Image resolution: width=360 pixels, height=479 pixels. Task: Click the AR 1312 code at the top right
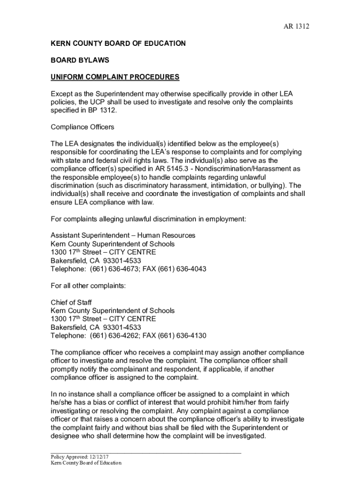click(x=297, y=26)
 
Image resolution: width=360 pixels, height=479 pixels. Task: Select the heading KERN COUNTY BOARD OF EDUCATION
click(x=118, y=44)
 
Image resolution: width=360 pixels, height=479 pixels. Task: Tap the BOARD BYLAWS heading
click(x=80, y=60)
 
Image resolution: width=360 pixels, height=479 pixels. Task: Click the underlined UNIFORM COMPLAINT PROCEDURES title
click(x=115, y=77)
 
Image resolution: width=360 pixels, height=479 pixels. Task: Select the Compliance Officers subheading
click(x=82, y=127)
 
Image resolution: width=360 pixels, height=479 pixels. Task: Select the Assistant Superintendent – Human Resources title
click(x=122, y=236)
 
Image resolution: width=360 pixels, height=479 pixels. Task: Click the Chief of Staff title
click(x=71, y=303)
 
